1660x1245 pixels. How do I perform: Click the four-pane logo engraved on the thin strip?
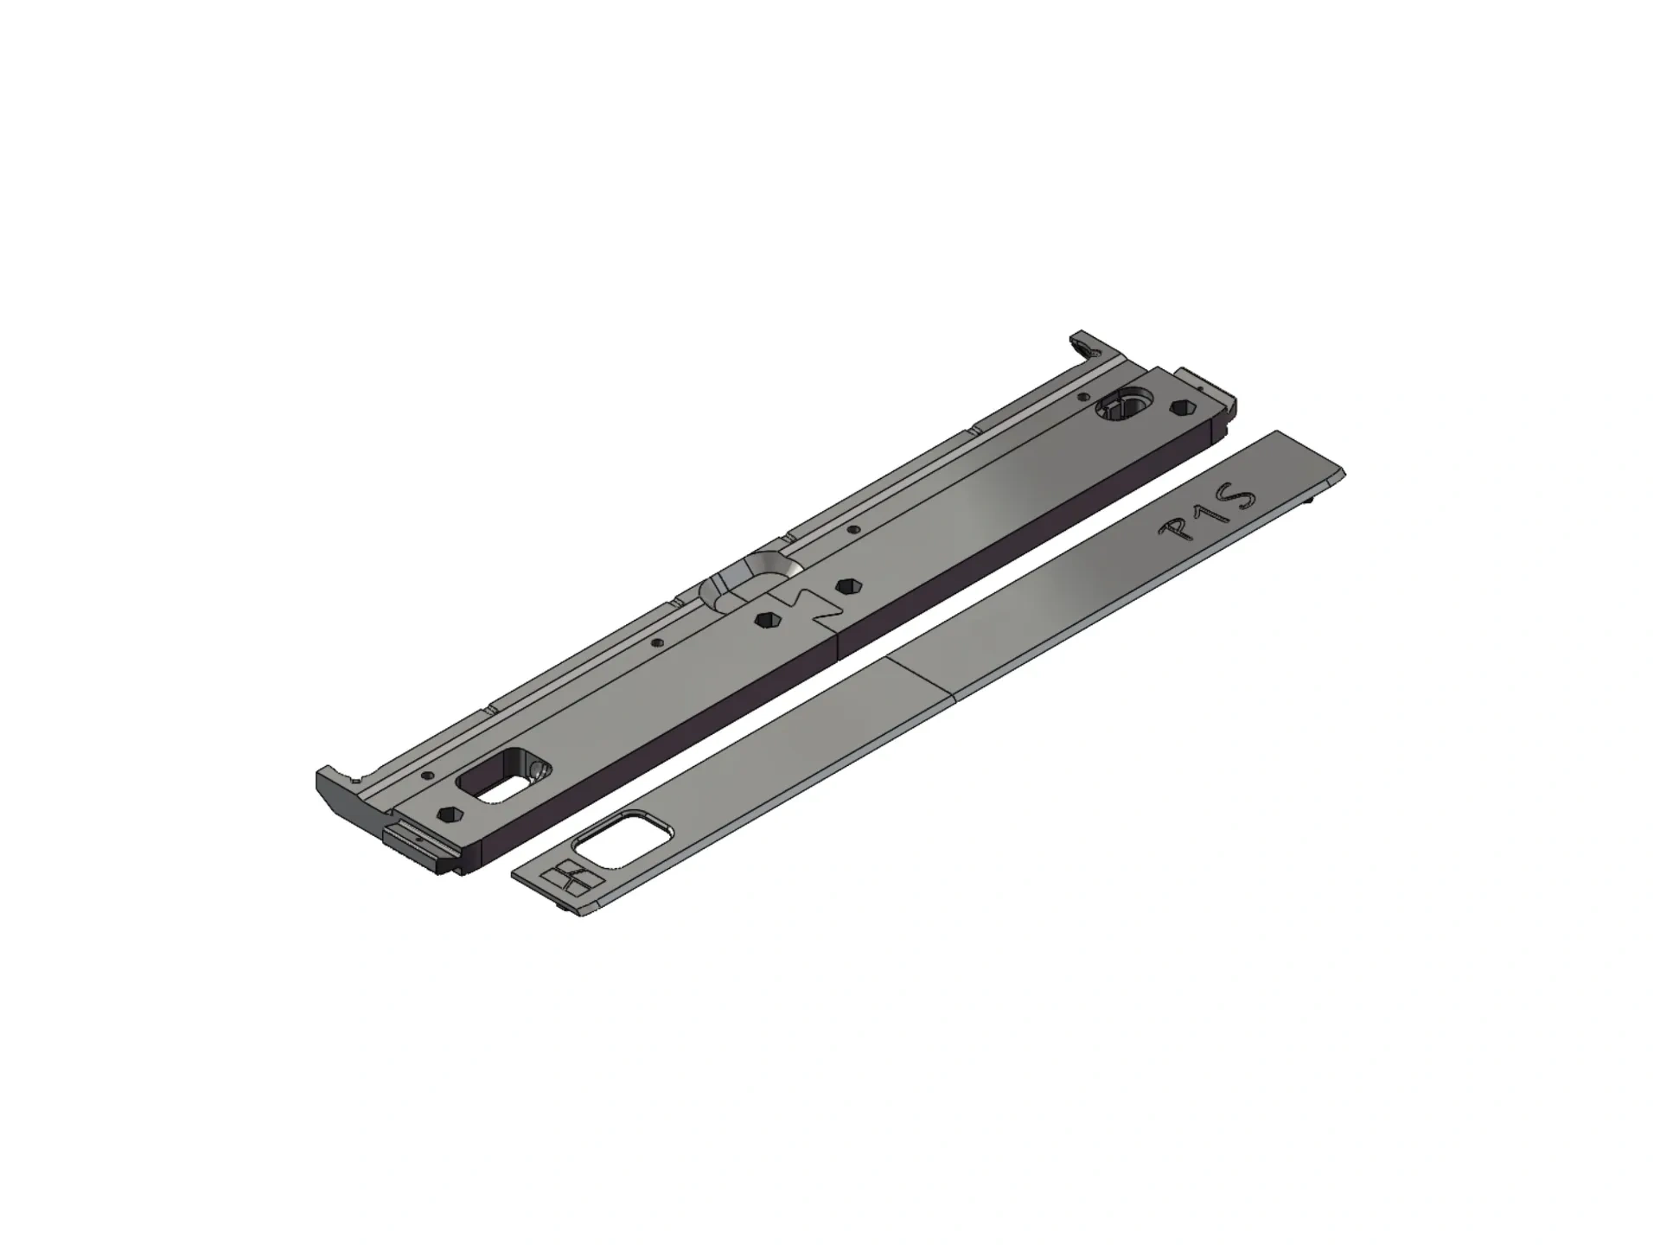click(x=569, y=877)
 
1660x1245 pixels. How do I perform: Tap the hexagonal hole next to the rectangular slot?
click(x=449, y=814)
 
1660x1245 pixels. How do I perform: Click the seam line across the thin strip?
click(x=921, y=675)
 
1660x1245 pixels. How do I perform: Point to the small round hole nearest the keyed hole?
click(x=1084, y=397)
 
